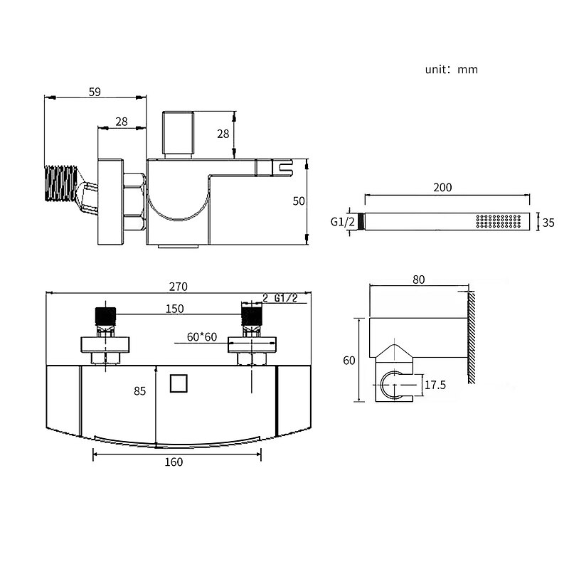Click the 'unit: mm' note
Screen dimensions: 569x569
tap(451, 69)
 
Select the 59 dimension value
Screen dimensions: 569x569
tap(95, 92)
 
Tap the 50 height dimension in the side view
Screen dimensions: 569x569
tap(299, 201)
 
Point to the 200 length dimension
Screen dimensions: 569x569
tap(442, 187)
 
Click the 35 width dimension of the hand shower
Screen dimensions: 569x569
tap(548, 223)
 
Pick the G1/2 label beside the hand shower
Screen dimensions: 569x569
tap(342, 221)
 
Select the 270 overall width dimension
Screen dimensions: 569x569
tap(179, 287)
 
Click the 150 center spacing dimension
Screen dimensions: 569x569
tap(174, 309)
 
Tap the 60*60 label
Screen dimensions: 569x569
tap(202, 336)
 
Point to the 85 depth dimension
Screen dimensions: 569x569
tap(139, 390)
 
